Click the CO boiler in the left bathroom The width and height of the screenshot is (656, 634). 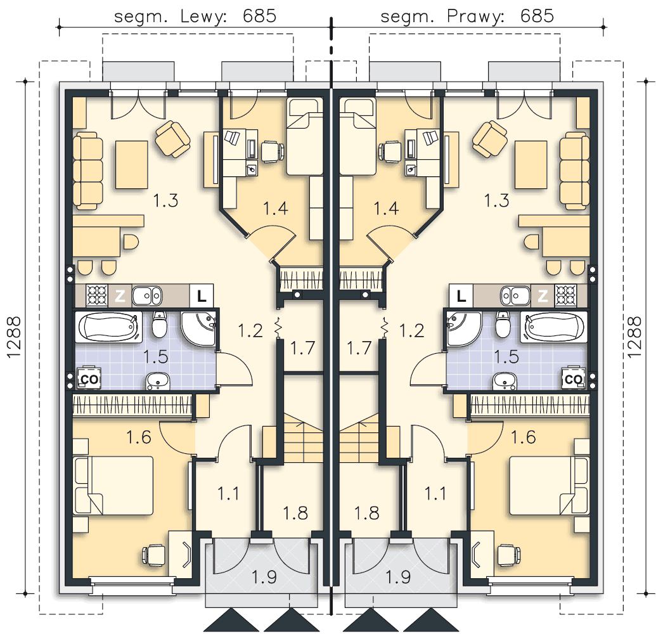click(90, 378)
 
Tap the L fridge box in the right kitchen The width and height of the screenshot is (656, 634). click(461, 296)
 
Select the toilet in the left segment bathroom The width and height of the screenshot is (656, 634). click(159, 324)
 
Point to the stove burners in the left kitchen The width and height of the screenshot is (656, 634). click(97, 295)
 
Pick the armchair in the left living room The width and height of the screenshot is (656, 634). click(172, 139)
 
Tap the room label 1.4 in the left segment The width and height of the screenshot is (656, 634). click(276, 208)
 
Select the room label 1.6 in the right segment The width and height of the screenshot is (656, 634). click(524, 437)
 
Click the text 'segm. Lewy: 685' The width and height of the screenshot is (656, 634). click(195, 16)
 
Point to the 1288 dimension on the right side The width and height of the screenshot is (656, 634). click(634, 337)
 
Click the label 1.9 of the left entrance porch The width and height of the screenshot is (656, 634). click(264, 577)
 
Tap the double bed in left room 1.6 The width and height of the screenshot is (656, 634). click(113, 486)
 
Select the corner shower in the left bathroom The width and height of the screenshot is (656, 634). click(199, 328)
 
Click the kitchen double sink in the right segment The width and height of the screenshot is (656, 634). click(515, 296)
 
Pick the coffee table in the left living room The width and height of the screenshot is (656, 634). click(131, 164)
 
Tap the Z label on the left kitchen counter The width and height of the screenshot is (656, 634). click(120, 296)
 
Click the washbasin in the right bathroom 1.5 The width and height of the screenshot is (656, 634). click(505, 381)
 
